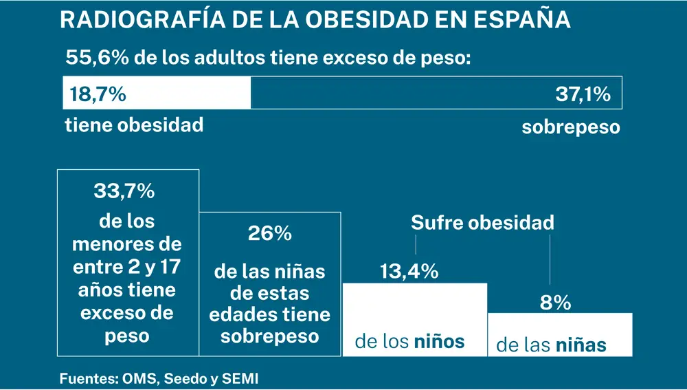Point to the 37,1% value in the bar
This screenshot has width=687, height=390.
[583, 94]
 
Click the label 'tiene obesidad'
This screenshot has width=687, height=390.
[134, 125]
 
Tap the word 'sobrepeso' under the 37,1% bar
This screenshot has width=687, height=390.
[570, 127]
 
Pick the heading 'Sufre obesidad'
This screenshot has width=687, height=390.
[482, 223]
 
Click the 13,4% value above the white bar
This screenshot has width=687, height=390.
[409, 272]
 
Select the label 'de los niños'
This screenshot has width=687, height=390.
[409, 341]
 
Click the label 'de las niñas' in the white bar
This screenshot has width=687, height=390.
[552, 345]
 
